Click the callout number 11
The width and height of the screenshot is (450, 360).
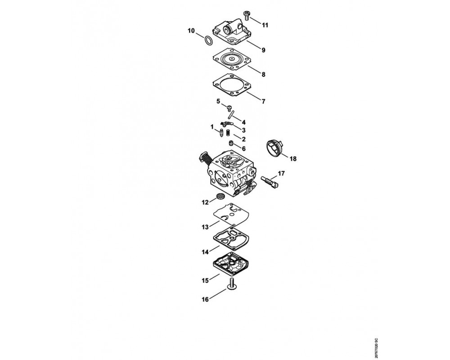pyautogui.click(x=265, y=25)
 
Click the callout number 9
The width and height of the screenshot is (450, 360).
pyautogui.click(x=263, y=50)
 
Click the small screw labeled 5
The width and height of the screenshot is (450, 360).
pyautogui.click(x=229, y=108)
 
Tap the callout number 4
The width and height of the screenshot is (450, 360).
pyautogui.click(x=243, y=122)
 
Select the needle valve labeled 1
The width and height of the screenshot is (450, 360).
pyautogui.click(x=221, y=134)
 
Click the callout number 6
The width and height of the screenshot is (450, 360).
pyautogui.click(x=243, y=148)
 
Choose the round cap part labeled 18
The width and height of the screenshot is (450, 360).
pyautogui.click(x=274, y=147)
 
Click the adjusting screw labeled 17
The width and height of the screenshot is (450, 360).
pyautogui.click(x=270, y=182)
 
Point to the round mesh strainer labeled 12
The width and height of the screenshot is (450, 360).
pyautogui.click(x=220, y=197)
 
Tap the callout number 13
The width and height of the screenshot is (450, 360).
pyautogui.click(x=205, y=227)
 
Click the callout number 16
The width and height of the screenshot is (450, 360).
pyautogui.click(x=205, y=300)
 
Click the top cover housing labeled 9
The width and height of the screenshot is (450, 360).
pyautogui.click(x=231, y=31)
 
